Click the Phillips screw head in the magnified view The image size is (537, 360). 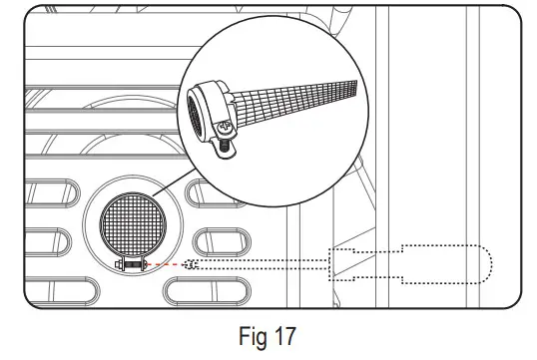point(226,127)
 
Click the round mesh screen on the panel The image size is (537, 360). point(133,224)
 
